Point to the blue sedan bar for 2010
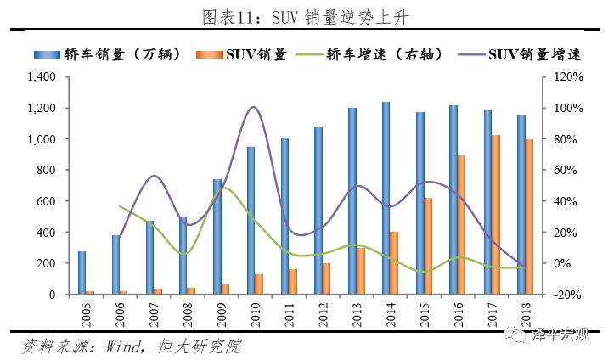251,221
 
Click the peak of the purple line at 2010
254,107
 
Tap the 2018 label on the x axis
524,314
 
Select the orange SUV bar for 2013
361,271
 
